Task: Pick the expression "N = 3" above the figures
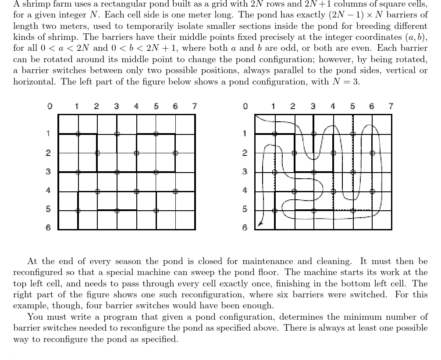(347, 81)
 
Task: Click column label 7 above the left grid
(195, 106)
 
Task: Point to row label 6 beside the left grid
(49, 227)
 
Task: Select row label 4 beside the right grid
(245, 191)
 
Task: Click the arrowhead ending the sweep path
(260, 224)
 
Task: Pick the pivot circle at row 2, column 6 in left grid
(175, 153)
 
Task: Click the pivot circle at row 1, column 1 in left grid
(78, 134)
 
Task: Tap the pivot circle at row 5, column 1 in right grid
(274, 211)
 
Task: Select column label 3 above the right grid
(313, 106)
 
